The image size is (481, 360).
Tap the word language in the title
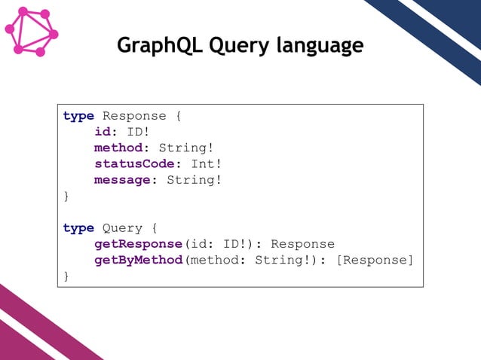[x=320, y=47]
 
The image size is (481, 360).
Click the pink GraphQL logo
[x=31, y=32]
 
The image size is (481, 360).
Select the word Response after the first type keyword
[x=134, y=116]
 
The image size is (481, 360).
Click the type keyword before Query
[x=78, y=228]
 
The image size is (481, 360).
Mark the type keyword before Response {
[x=78, y=116]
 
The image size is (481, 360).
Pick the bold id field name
[x=103, y=133]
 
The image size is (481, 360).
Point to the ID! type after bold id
[x=138, y=133]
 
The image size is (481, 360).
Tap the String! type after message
[x=195, y=180]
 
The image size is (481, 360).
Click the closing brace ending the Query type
[x=66, y=276]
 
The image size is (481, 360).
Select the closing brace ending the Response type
[x=66, y=197]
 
